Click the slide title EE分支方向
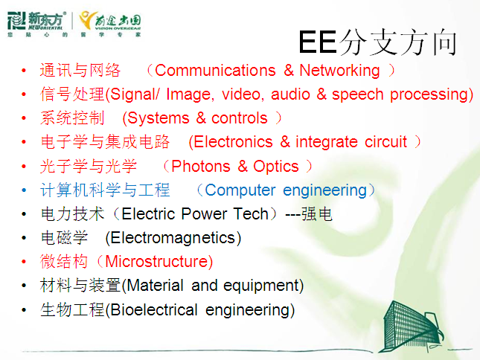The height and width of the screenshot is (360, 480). (x=377, y=42)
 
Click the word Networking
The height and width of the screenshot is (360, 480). (x=339, y=71)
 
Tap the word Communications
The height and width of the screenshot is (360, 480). (x=215, y=71)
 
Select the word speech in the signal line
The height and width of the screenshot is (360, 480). (x=357, y=94)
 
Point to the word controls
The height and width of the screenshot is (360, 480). (x=240, y=118)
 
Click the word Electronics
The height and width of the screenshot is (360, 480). (x=233, y=142)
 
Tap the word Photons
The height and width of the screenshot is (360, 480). (x=201, y=167)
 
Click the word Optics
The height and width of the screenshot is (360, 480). (x=276, y=167)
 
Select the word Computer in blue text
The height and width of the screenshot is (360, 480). (x=240, y=190)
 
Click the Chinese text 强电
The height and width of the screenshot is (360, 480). (x=317, y=213)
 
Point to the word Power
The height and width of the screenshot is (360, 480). (x=204, y=213)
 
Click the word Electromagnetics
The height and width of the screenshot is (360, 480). (x=173, y=238)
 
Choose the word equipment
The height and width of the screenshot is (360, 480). (x=261, y=286)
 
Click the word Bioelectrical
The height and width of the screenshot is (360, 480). (x=154, y=310)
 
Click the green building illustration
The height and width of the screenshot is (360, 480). (x=411, y=327)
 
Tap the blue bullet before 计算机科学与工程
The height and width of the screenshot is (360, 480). (x=24, y=190)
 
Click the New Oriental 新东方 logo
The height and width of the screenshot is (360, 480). (x=36, y=22)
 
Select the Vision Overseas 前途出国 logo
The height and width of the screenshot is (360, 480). (x=109, y=23)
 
